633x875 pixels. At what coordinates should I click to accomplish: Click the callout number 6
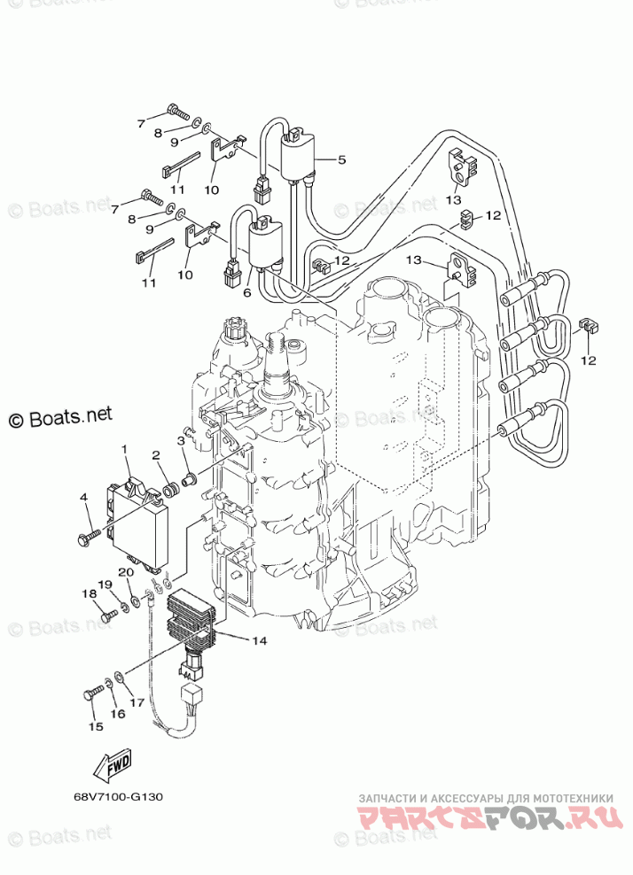[x=246, y=293]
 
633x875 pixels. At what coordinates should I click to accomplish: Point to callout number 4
[x=84, y=499]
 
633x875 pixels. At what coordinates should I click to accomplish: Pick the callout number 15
[x=96, y=725]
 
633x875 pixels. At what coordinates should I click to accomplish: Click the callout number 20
[x=125, y=572]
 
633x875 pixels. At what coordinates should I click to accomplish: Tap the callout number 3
[x=181, y=440]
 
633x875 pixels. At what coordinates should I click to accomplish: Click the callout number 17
[x=137, y=702]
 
